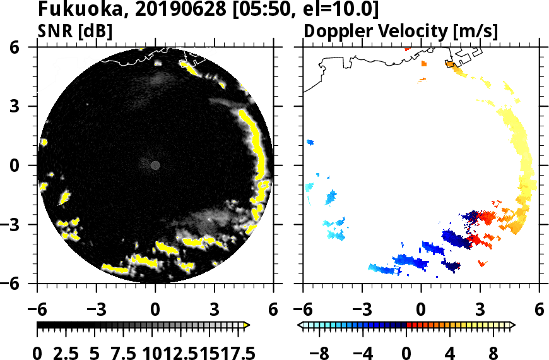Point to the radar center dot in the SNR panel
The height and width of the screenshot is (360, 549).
coord(155,165)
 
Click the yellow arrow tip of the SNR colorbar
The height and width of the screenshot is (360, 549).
coord(247,325)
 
